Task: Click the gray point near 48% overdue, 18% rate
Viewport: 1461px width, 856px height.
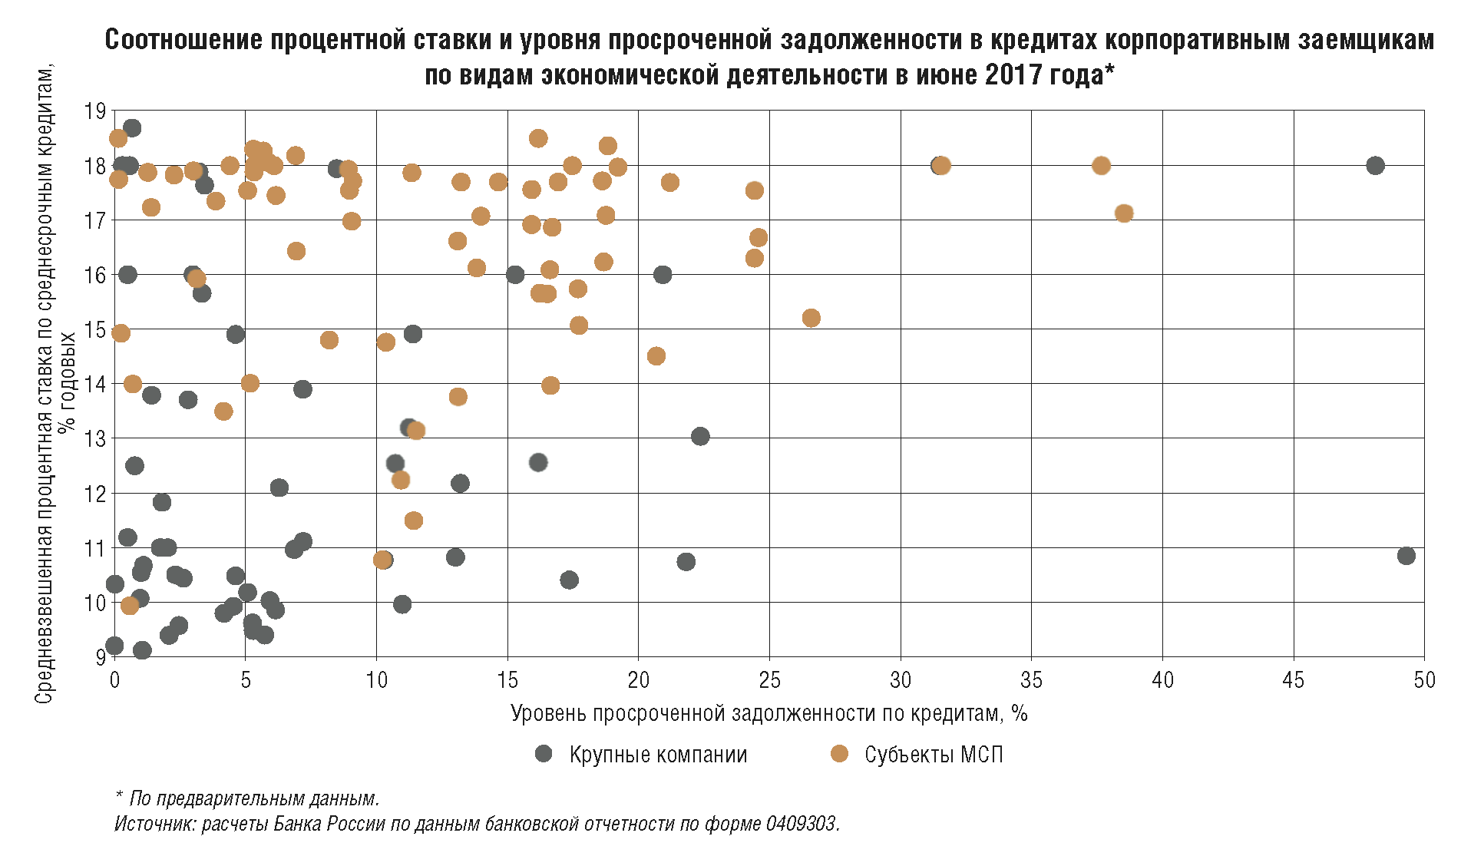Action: pyautogui.click(x=1375, y=166)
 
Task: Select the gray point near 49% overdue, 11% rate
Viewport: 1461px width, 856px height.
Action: pyautogui.click(x=1406, y=556)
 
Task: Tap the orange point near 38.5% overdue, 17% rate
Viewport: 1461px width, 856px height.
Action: pyautogui.click(x=1124, y=213)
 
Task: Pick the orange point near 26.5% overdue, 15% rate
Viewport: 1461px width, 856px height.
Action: pyautogui.click(x=811, y=318)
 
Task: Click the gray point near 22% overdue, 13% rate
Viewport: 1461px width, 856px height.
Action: pyautogui.click(x=700, y=437)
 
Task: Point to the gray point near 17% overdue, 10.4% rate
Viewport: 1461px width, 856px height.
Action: pyautogui.click(x=569, y=580)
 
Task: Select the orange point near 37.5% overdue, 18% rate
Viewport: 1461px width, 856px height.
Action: pyautogui.click(x=1101, y=166)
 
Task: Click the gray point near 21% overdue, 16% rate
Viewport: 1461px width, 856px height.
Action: pyautogui.click(x=663, y=275)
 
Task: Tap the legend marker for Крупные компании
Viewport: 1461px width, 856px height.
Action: pyautogui.click(x=544, y=754)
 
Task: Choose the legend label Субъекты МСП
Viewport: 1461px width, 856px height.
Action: pyautogui.click(x=934, y=755)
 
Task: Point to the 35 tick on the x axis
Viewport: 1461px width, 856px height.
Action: pyautogui.click(x=1031, y=680)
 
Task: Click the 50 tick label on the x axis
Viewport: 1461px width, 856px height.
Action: pyautogui.click(x=1424, y=680)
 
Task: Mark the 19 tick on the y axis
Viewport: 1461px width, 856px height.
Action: pyautogui.click(x=95, y=111)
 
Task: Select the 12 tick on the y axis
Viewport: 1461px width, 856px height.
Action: pyautogui.click(x=95, y=494)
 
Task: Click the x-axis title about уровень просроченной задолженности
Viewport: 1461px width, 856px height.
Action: pyautogui.click(x=769, y=714)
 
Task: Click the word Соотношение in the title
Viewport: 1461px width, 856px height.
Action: pyautogui.click(x=183, y=40)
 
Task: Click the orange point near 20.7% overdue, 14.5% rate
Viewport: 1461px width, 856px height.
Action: pyautogui.click(x=656, y=356)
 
